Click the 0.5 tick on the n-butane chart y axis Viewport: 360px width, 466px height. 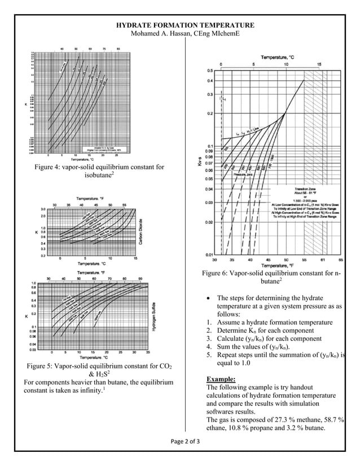point(209,71)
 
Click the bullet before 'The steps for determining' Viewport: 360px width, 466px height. point(209,298)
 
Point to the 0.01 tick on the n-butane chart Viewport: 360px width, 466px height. point(209,254)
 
